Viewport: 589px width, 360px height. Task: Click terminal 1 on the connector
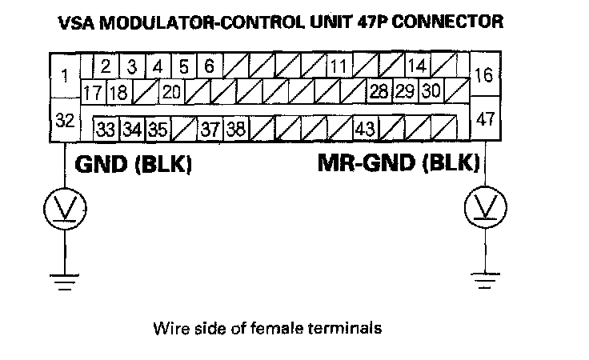64,77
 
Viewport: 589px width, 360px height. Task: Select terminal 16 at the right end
483,77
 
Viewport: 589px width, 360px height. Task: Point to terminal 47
483,120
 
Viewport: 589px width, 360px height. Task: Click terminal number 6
208,66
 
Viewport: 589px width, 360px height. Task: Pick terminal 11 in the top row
339,66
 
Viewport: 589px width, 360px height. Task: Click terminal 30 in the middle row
431,91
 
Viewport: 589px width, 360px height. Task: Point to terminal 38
235,128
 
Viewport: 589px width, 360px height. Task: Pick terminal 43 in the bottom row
366,128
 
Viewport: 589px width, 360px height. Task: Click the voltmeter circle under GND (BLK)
65,210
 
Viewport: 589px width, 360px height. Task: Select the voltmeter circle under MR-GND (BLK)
484,210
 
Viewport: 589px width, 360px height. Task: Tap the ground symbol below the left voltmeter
65,279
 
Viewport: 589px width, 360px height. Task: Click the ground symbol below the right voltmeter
484,279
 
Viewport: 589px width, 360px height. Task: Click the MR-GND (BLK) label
399,164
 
